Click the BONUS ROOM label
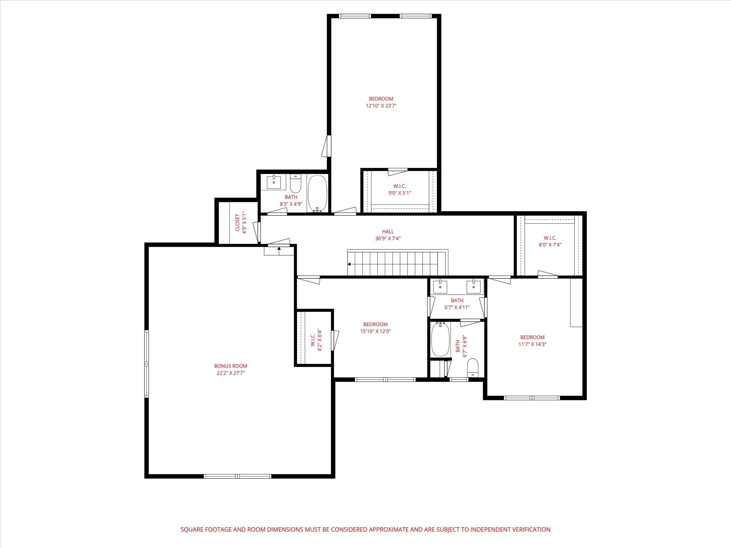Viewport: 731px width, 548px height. tap(231, 366)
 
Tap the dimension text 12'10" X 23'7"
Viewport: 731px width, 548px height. tap(381, 106)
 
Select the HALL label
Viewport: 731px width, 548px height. tap(388, 232)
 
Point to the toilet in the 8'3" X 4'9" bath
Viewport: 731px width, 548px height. tap(296, 184)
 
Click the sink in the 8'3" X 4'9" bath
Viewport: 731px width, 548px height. tap(274, 182)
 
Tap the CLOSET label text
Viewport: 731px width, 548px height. tap(238, 223)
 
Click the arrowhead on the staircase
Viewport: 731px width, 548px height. tap(349, 264)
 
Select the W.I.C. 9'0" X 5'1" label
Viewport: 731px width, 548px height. tap(399, 189)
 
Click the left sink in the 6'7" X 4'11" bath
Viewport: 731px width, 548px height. tap(440, 286)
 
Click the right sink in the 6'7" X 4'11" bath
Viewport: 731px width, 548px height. tap(474, 286)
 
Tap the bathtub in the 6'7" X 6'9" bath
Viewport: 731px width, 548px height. tap(440, 339)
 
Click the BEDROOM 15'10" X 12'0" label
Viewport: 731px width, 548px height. tap(375, 328)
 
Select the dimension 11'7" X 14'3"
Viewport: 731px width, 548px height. tap(532, 344)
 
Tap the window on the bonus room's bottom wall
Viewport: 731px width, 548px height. tap(237, 476)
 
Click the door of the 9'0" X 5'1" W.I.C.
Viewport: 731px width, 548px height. tap(397, 172)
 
